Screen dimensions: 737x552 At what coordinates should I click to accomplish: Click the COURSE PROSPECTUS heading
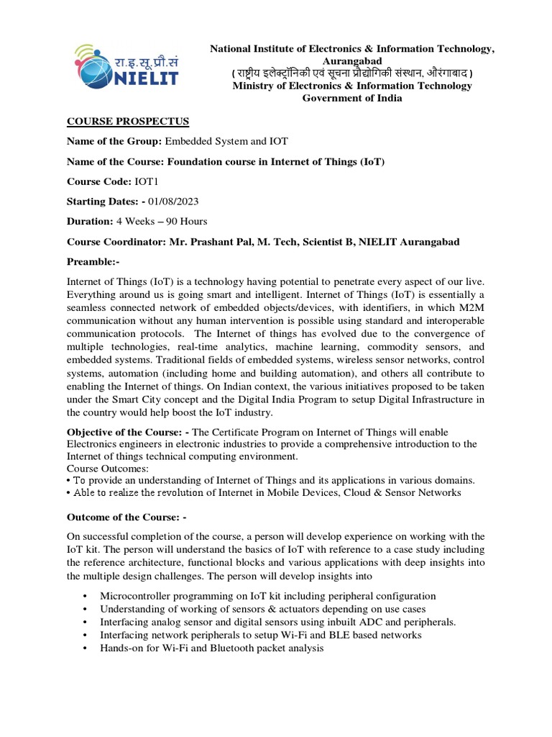(x=127, y=121)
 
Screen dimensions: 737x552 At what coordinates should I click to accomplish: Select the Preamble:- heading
(x=94, y=261)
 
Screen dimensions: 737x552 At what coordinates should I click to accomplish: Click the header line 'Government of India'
(x=351, y=99)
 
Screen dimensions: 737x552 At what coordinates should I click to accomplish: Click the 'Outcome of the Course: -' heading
(x=126, y=517)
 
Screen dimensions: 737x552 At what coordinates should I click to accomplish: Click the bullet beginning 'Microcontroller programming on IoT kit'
(x=268, y=596)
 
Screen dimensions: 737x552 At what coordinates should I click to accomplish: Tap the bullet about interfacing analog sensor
(x=278, y=622)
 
